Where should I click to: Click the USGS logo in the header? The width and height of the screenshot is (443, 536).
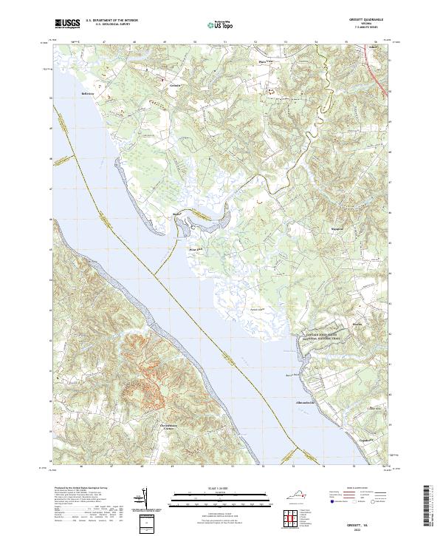(67, 24)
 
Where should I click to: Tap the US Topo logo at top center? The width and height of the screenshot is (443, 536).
(214, 24)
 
